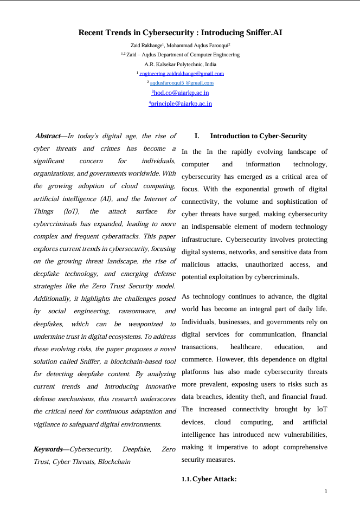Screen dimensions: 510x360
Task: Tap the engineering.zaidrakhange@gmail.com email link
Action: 182,74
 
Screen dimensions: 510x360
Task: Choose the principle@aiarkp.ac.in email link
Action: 181,104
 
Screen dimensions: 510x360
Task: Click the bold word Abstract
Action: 47,136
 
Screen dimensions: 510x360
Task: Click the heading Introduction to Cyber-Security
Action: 258,136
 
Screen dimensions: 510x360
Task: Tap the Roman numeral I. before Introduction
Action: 197,136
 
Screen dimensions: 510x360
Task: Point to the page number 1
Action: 325,492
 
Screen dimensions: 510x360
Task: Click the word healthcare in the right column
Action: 246,346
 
